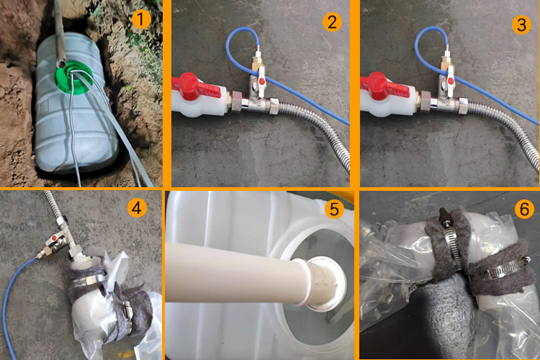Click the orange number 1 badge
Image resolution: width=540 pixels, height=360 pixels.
point(141,19)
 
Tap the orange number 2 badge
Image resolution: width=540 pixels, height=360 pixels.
point(332,22)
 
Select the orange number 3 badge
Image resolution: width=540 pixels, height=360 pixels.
point(521,24)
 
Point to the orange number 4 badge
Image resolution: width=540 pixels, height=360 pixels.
point(137,208)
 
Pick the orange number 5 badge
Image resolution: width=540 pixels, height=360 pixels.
point(334,209)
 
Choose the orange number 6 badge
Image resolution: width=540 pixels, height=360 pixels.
point(524,208)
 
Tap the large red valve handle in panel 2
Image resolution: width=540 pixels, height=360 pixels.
point(195,87)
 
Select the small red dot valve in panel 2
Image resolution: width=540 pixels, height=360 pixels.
point(262,81)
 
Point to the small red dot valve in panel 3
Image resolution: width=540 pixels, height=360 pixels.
point(451,81)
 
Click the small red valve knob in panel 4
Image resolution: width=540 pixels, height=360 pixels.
point(54,238)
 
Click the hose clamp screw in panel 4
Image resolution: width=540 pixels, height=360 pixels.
point(128,312)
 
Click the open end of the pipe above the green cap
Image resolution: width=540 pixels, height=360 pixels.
point(61,64)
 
